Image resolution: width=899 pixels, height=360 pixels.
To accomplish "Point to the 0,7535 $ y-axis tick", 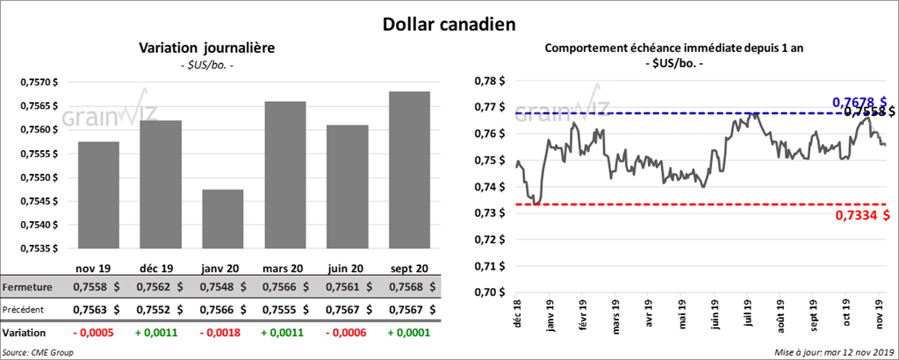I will pos(36,248).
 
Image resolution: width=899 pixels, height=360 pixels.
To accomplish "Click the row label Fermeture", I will pos(27,287).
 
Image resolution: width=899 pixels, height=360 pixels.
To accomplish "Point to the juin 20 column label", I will pos(349,267).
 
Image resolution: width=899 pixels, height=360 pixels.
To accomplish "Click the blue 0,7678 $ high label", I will pos(859,103).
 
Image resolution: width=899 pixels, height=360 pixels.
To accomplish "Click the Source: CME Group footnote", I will pos(38,352).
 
